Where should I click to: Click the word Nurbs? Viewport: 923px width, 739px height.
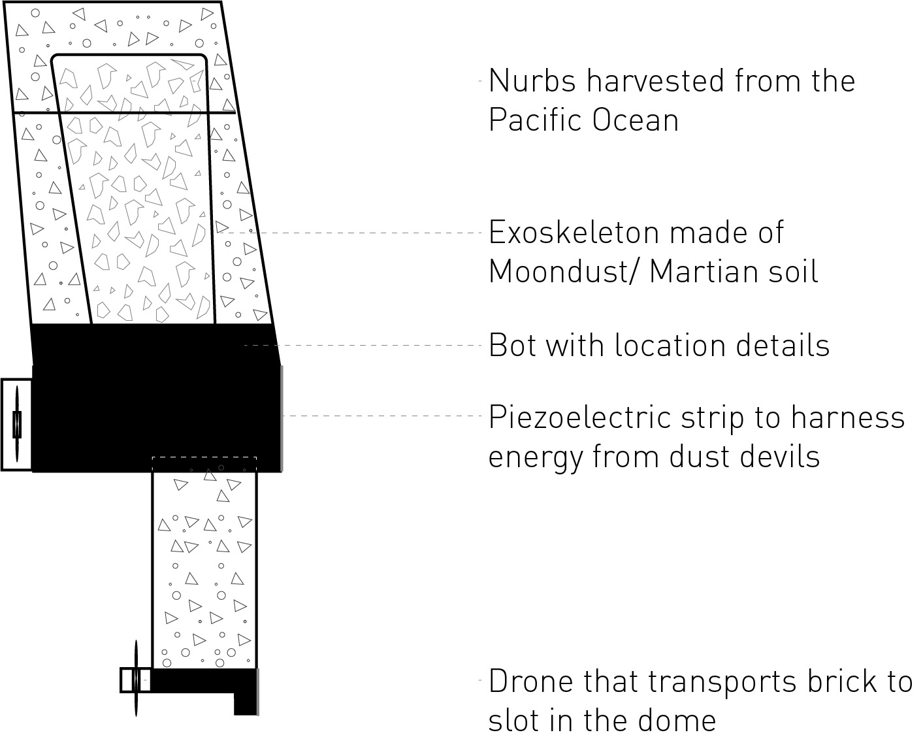[532, 80]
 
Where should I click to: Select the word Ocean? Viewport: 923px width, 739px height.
[636, 120]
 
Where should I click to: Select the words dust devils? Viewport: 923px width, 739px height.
[744, 456]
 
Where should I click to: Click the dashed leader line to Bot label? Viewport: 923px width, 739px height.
[363, 345]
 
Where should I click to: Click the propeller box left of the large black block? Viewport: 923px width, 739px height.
[17, 425]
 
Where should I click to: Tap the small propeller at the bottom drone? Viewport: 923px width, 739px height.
[136, 680]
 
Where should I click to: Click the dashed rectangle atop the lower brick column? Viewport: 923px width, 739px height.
[204, 457]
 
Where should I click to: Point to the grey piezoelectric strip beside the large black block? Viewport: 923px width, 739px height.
[282, 418]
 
